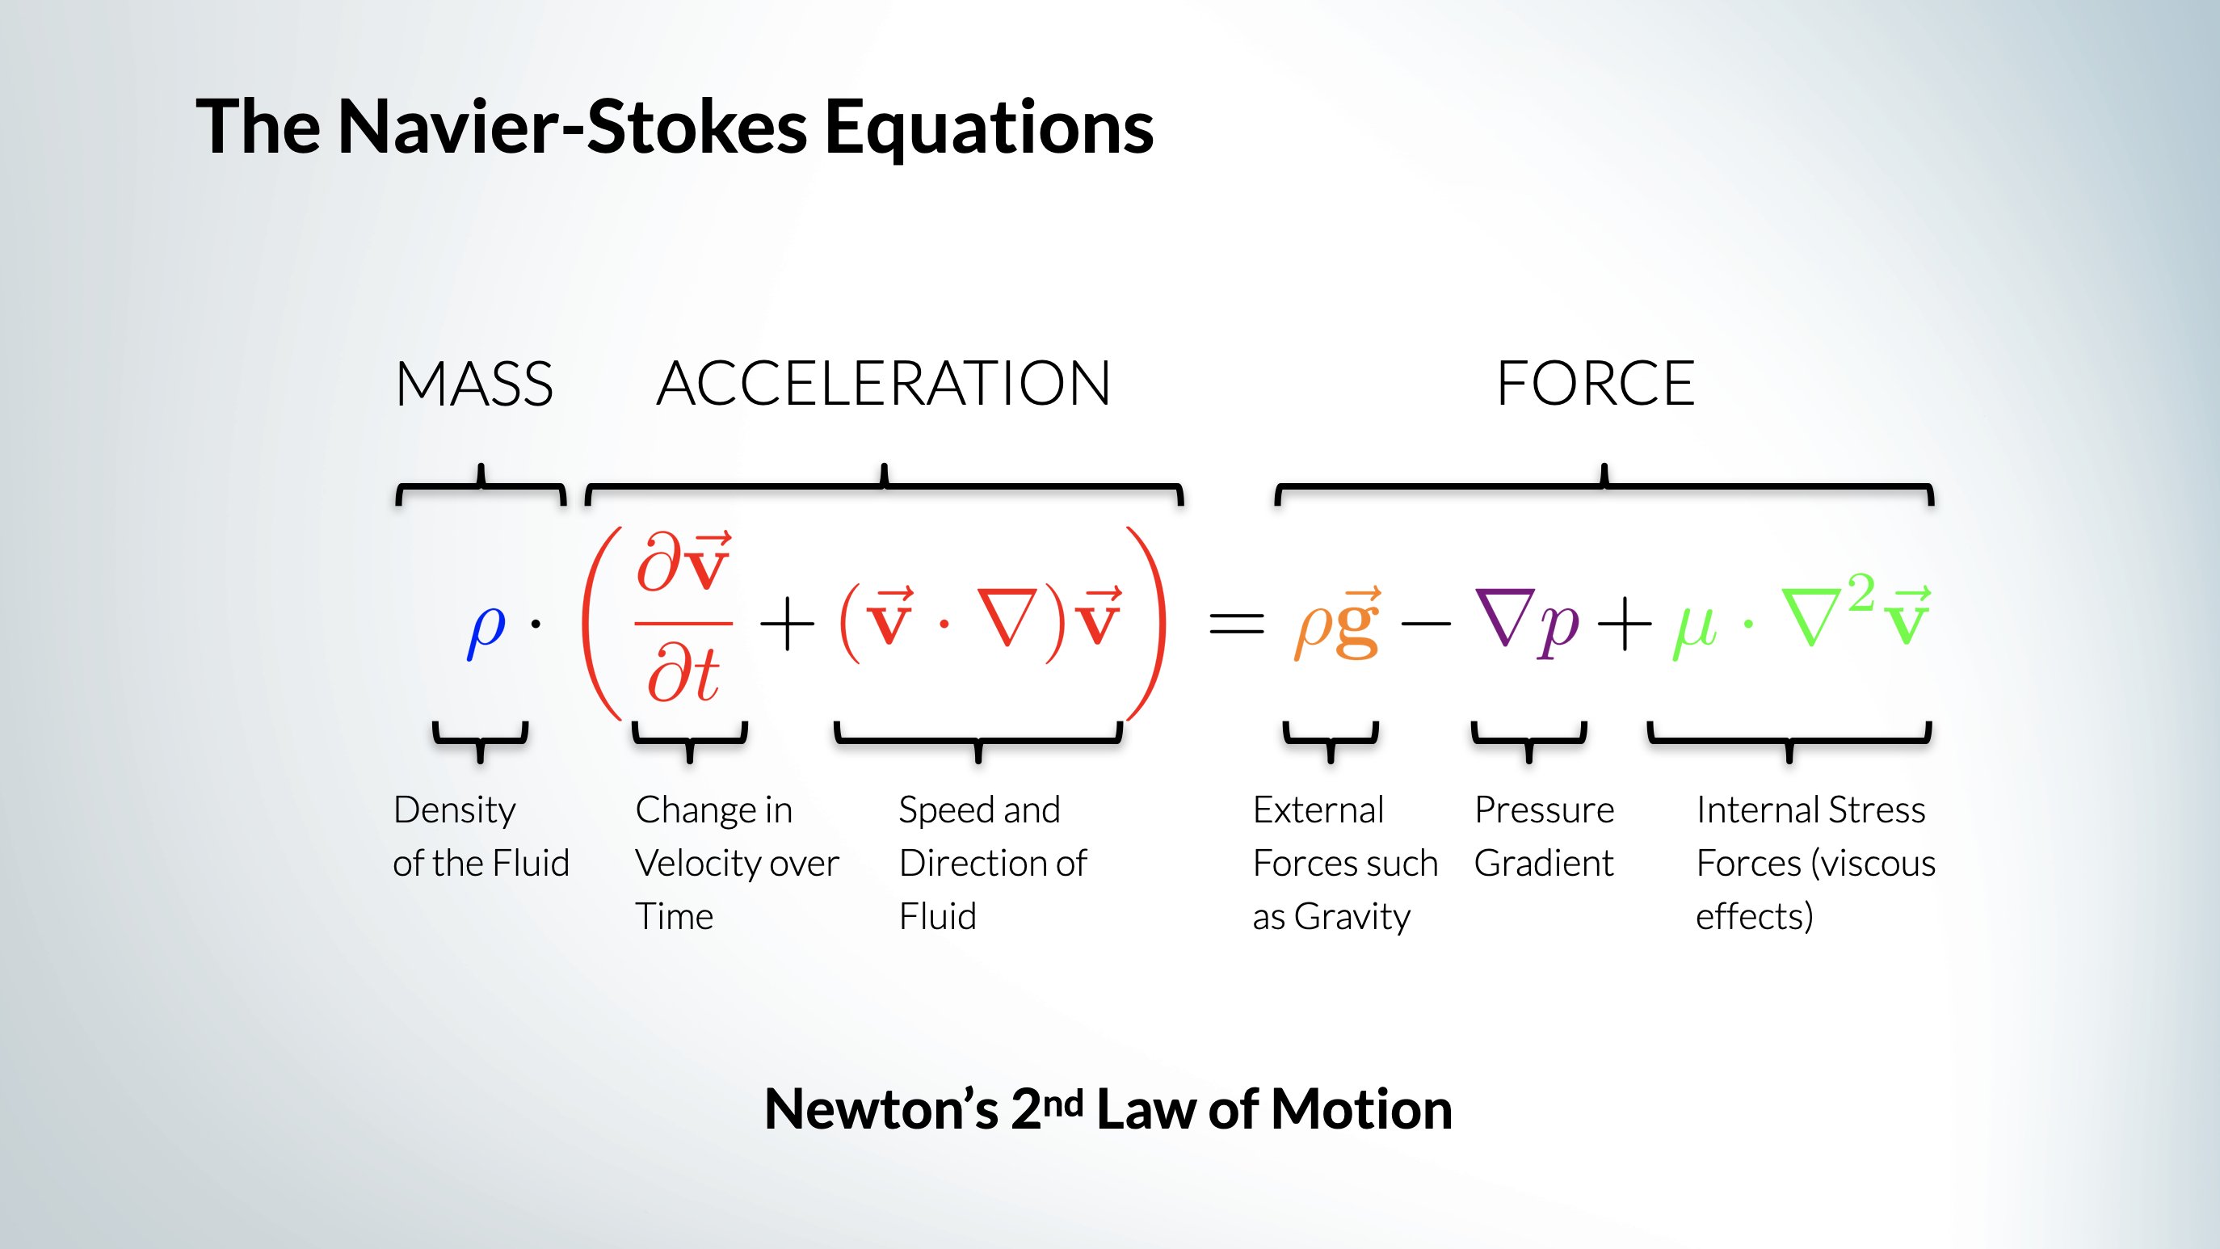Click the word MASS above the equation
(474, 384)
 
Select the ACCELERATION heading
(883, 384)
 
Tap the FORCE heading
(1596, 384)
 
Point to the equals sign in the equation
(1237, 623)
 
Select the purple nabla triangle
(1505, 617)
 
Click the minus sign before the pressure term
(1427, 623)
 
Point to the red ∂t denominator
(683, 675)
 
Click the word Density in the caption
(454, 810)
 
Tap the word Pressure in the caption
(1545, 810)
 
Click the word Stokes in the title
(697, 127)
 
